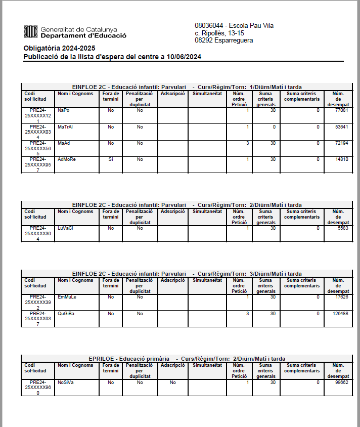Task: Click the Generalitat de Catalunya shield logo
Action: click(31, 32)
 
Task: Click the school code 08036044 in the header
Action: click(210, 25)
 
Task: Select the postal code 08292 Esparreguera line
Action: click(223, 40)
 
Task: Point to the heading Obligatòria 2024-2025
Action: click(59, 48)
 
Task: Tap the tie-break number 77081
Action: click(341, 110)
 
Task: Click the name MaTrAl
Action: click(65, 126)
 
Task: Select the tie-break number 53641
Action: click(341, 126)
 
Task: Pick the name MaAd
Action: click(64, 143)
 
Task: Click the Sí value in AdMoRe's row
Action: click(111, 159)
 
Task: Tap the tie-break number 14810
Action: click(341, 159)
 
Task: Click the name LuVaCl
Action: click(65, 228)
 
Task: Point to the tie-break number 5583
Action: click(343, 228)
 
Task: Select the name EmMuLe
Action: click(67, 296)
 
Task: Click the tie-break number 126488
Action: click(340, 313)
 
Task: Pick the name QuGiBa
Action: click(66, 313)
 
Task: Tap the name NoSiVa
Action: click(66, 382)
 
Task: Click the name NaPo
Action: click(63, 110)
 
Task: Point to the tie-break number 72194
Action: click(341, 143)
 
